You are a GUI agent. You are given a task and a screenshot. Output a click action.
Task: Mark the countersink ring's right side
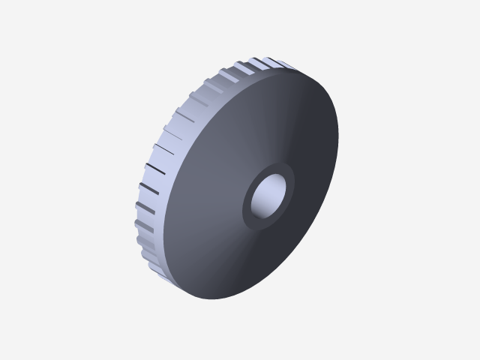(292, 184)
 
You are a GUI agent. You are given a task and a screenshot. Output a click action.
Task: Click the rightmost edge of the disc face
(337, 135)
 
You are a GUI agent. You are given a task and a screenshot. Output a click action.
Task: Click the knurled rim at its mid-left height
(154, 180)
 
